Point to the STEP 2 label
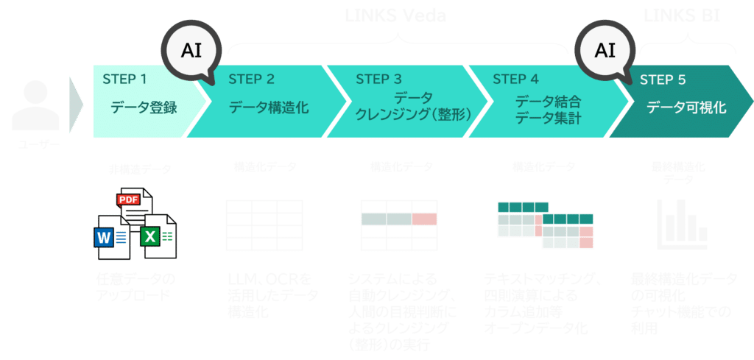click(252, 79)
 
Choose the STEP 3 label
click(378, 79)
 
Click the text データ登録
click(144, 108)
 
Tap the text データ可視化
click(686, 108)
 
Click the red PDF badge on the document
click(129, 200)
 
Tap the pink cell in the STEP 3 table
click(424, 219)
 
